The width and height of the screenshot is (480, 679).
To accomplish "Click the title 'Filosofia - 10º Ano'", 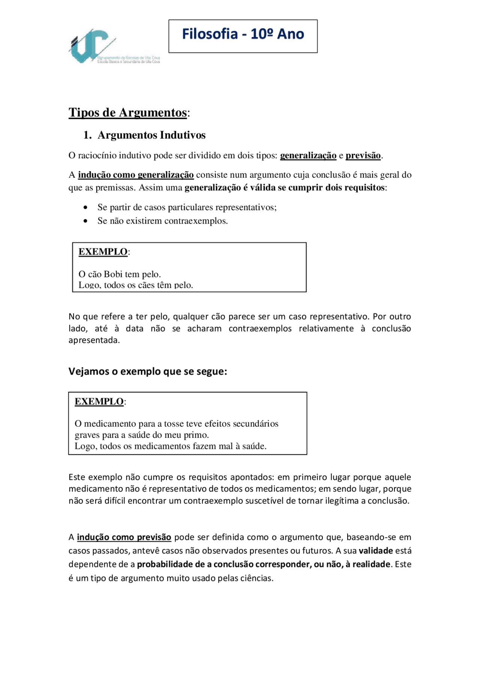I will (243, 34).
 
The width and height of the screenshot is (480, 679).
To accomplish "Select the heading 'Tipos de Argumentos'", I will (127, 112).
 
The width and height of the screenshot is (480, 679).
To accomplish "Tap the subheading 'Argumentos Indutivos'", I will (151, 135).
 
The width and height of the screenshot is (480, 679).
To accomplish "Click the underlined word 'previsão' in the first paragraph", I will (363, 155).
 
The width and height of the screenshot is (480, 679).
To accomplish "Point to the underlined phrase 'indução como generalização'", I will (136, 175).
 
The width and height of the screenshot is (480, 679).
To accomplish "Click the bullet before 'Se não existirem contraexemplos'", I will (86, 221).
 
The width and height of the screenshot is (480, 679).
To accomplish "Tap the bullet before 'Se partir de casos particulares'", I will (86, 207).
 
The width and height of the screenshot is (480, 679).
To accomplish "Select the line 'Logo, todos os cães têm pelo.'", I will (136, 285).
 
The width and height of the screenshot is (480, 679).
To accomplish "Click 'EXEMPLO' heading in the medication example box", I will (99, 402).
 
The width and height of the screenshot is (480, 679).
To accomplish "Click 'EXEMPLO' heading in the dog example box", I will (103, 252).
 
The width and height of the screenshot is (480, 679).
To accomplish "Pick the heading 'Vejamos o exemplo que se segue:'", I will (148, 372).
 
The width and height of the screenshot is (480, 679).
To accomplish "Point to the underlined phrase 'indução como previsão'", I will (124, 537).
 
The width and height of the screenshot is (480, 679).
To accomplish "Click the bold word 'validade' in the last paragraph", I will (375, 551).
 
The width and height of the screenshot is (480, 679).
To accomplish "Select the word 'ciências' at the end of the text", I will (258, 578).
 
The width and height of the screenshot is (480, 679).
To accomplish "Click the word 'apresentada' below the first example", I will (93, 340).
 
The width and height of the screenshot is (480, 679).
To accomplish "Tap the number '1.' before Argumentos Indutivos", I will (87, 135).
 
